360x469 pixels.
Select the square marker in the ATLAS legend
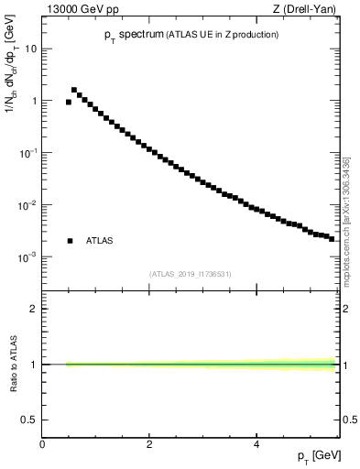point(69,241)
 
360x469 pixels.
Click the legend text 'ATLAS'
point(99,241)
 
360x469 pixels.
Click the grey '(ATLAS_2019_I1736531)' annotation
point(191,274)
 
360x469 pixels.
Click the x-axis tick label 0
point(42,444)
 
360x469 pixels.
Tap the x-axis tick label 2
point(149,444)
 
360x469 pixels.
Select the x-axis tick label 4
point(256,444)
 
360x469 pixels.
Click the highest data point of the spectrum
point(74,90)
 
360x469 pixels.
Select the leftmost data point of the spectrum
point(69,102)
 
